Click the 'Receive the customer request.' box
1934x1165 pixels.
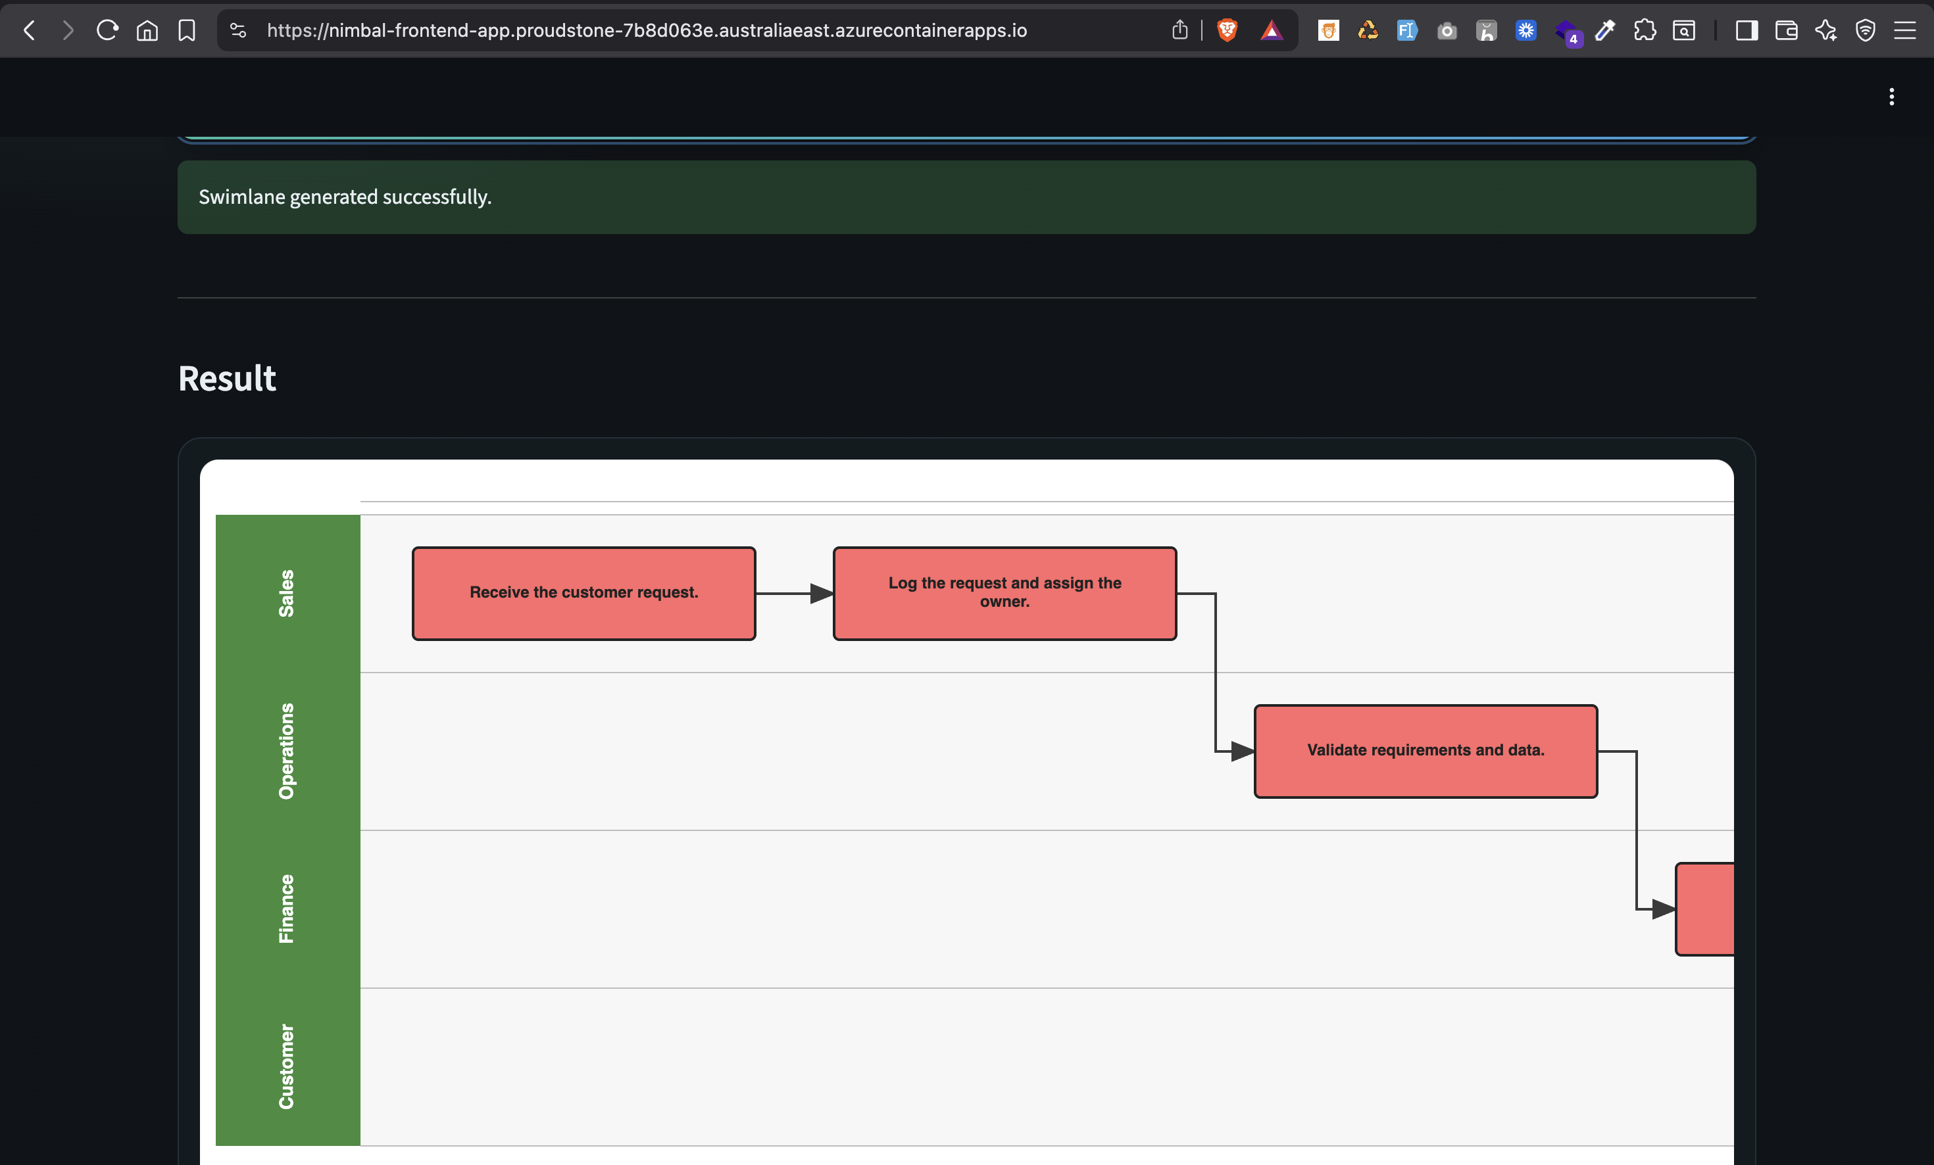point(583,593)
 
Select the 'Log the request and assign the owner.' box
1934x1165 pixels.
point(1004,593)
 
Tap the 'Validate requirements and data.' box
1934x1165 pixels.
point(1425,751)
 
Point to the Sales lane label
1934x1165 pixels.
point(287,593)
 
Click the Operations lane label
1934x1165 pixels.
point(287,751)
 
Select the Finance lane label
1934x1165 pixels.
point(287,909)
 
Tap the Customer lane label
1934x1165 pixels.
point(287,1066)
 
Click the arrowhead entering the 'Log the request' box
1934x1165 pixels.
point(821,594)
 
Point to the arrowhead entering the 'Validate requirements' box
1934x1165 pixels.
point(1242,751)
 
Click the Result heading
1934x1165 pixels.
point(227,378)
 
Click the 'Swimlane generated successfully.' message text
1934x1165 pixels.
point(345,197)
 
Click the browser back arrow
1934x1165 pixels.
point(30,31)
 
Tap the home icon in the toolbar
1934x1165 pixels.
point(147,31)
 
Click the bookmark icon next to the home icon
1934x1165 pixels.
point(187,31)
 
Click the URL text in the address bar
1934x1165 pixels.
point(646,31)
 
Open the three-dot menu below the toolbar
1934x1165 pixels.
point(1892,97)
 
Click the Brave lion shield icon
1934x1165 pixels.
point(1227,31)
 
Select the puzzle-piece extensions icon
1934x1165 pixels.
point(1645,31)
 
